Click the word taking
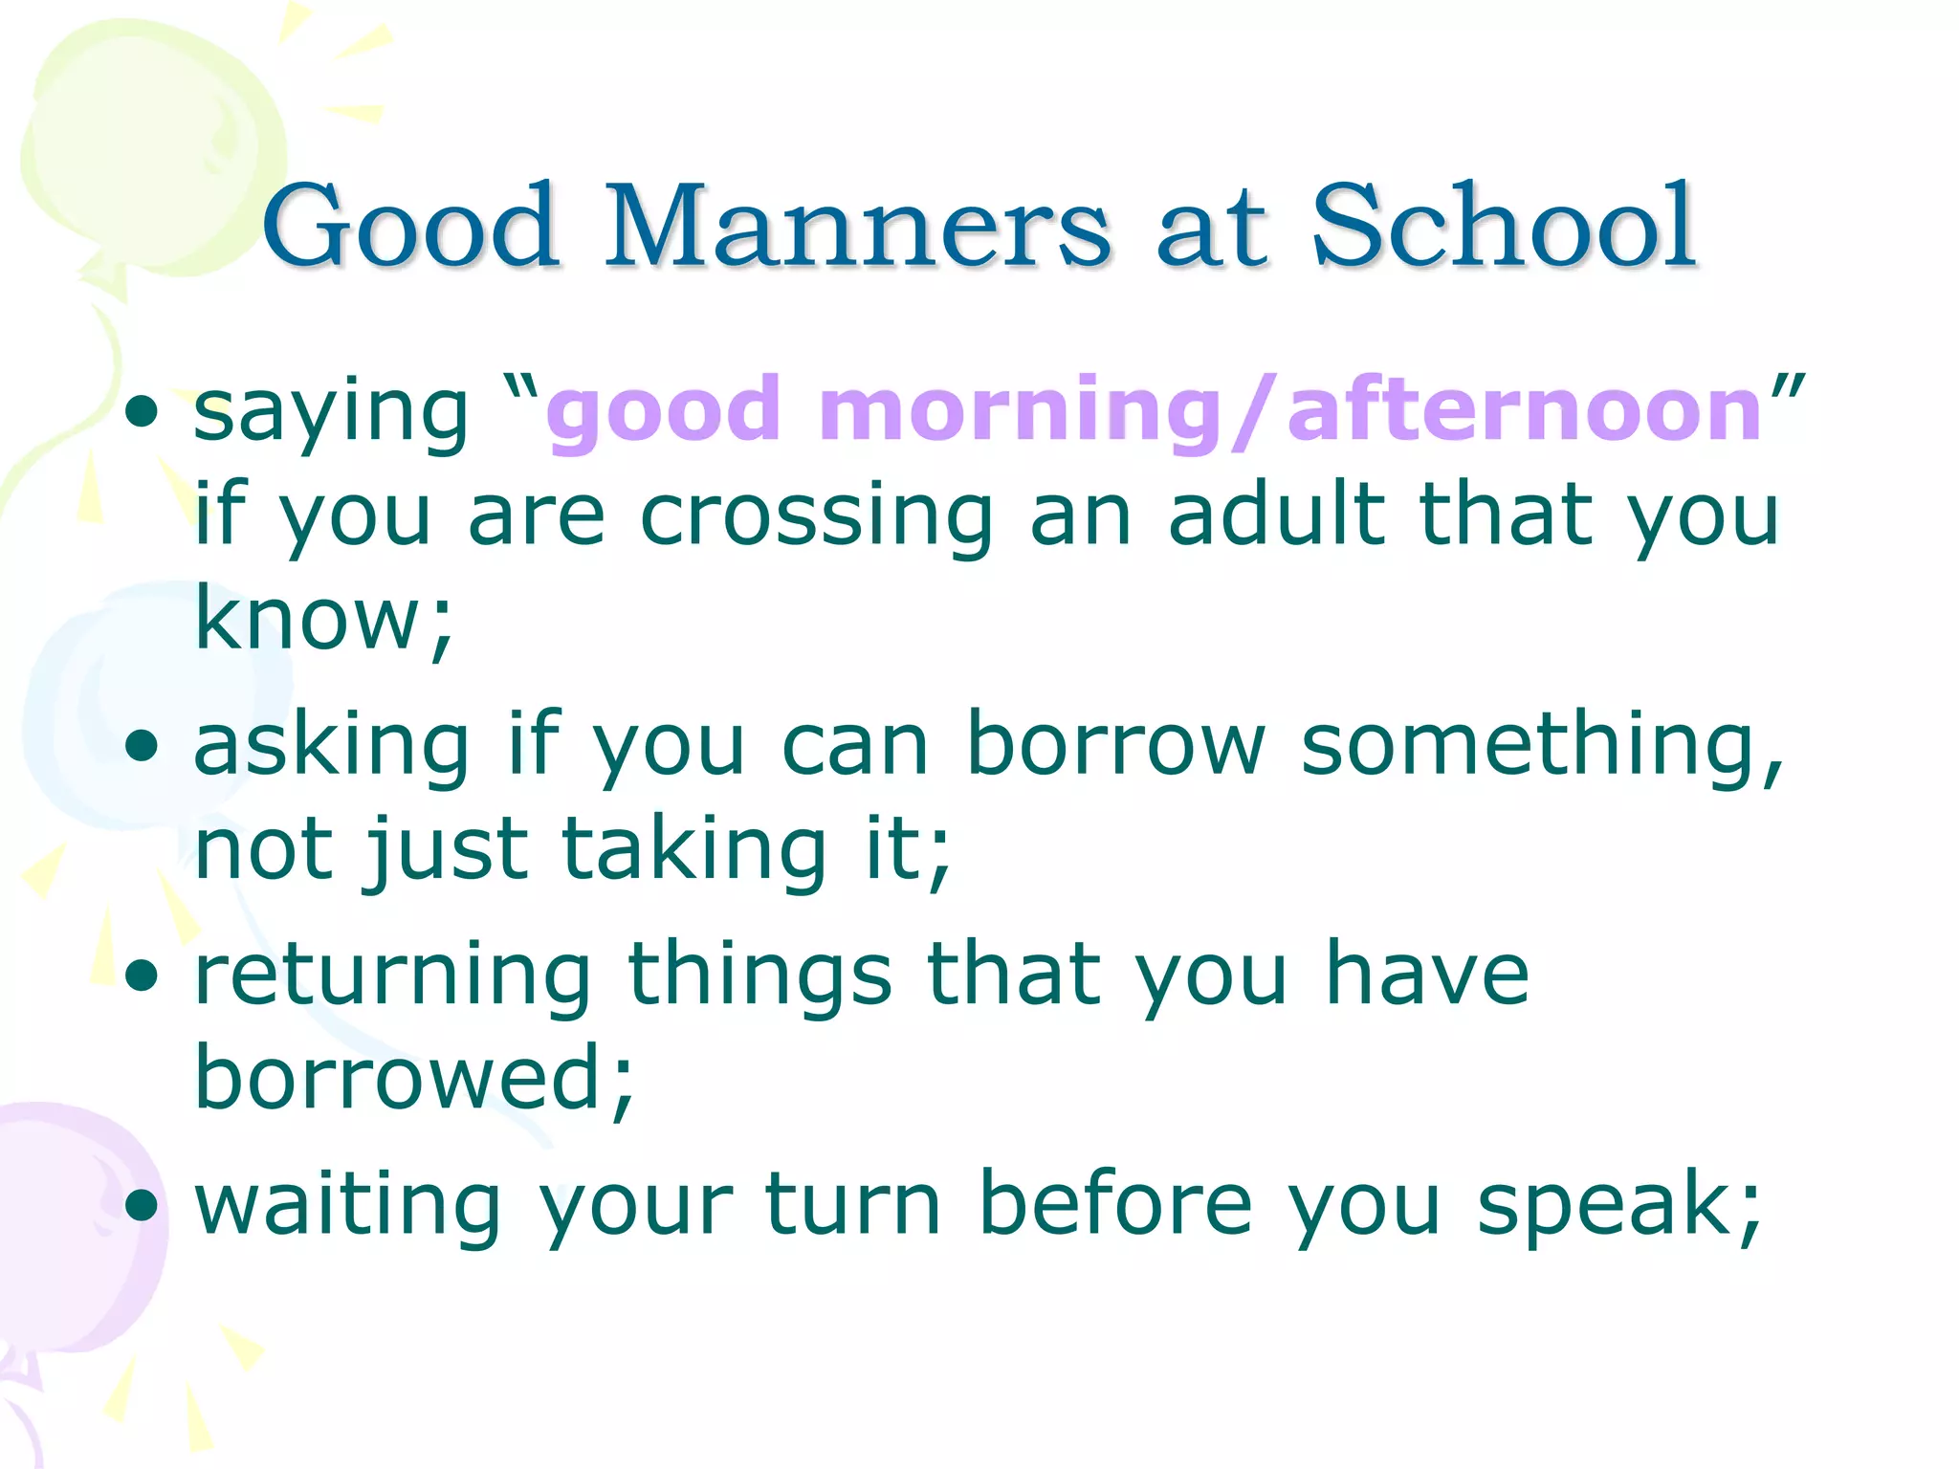[693, 850]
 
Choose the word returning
[393, 976]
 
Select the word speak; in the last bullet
[1618, 1205]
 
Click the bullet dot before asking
[142, 747]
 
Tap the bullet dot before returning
[142, 976]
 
